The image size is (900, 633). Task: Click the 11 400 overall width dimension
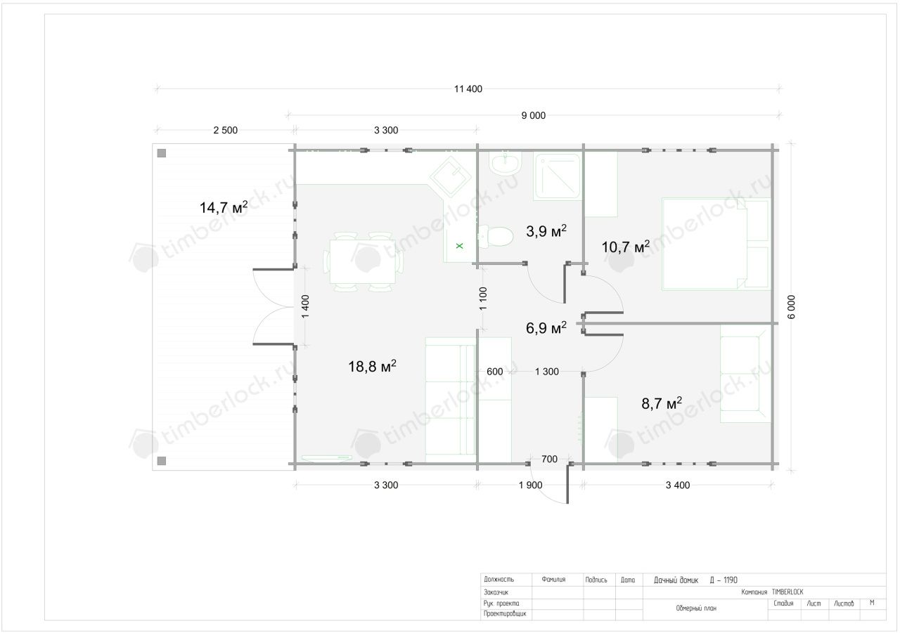[468, 89]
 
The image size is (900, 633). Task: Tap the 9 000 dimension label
[533, 116]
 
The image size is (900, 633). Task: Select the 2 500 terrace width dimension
[226, 130]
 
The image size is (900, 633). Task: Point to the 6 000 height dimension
[791, 307]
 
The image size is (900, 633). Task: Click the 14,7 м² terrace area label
[224, 207]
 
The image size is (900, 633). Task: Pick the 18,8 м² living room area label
[372, 365]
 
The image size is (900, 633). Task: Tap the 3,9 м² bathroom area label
[546, 230]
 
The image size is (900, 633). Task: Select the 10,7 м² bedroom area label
[625, 247]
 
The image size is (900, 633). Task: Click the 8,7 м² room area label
[662, 403]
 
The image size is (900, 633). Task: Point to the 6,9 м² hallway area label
[546, 327]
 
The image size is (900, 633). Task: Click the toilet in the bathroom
[496, 237]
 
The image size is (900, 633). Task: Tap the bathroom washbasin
[506, 163]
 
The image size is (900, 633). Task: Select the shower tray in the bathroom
[558, 176]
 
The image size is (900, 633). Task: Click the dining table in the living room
[362, 261]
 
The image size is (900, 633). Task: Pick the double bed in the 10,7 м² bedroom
[716, 244]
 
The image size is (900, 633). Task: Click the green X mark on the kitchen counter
[460, 246]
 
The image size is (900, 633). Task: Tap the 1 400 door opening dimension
[305, 306]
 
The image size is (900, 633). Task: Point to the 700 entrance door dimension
[549, 459]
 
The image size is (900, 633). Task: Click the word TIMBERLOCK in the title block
[787, 592]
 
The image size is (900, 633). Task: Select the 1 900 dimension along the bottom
[530, 485]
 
